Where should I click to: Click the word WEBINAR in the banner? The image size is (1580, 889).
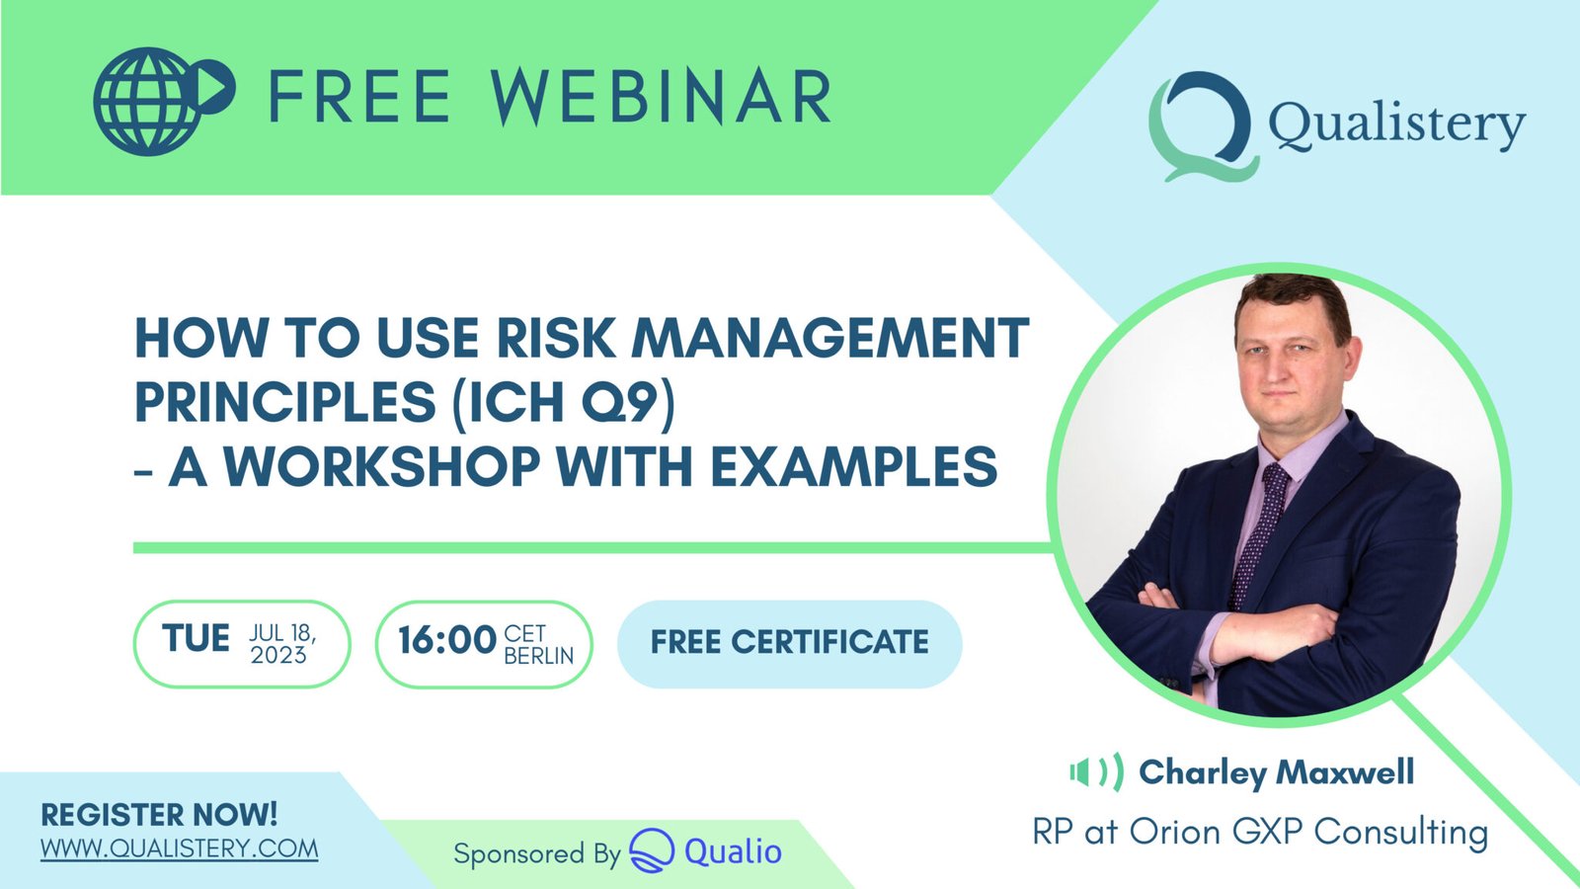point(662,98)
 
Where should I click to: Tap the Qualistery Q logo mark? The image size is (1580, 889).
point(1202,125)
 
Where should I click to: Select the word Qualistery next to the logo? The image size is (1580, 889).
point(1396,125)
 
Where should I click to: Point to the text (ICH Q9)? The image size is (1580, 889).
point(564,402)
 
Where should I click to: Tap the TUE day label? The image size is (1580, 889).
point(196,639)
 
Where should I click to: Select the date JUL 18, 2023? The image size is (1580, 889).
point(281,644)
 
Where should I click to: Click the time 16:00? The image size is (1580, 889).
point(446,640)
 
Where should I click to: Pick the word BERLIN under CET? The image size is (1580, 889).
point(538,656)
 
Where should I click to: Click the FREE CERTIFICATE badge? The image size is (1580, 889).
point(789,642)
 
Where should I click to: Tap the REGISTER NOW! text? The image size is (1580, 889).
point(159,815)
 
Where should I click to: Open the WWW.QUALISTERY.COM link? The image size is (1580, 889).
point(179,849)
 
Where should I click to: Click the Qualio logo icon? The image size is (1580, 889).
point(652,850)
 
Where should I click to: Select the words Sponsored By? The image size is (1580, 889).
point(536,853)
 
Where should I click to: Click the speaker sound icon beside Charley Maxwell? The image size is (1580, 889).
point(1096,772)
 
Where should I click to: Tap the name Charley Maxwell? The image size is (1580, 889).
point(1276,772)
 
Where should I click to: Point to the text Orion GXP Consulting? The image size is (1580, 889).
point(1307,832)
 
